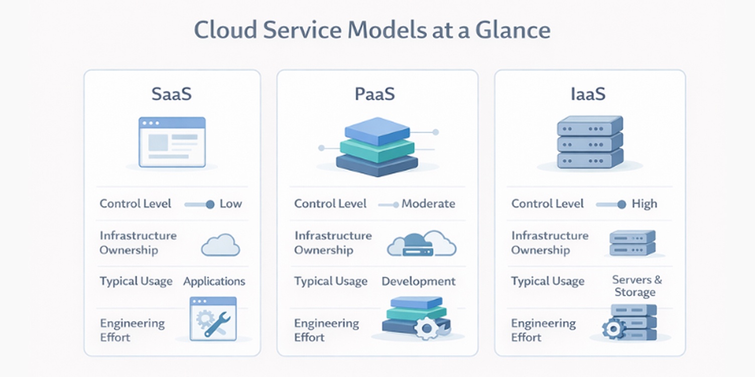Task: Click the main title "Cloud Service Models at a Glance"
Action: point(372,30)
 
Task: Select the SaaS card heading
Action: point(172,94)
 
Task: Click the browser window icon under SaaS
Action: point(172,142)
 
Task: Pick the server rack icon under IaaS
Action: point(590,142)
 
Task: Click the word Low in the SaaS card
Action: point(231,204)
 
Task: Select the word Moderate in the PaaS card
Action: point(428,204)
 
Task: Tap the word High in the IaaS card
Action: point(644,204)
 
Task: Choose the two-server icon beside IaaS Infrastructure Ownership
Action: point(632,243)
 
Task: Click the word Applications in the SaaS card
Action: point(214,281)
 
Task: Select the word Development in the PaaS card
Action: point(419,281)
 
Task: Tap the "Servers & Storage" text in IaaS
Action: point(637,286)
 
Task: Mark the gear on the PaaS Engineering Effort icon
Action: point(427,329)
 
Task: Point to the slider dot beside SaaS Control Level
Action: point(210,204)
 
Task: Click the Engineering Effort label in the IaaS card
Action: point(543,330)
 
